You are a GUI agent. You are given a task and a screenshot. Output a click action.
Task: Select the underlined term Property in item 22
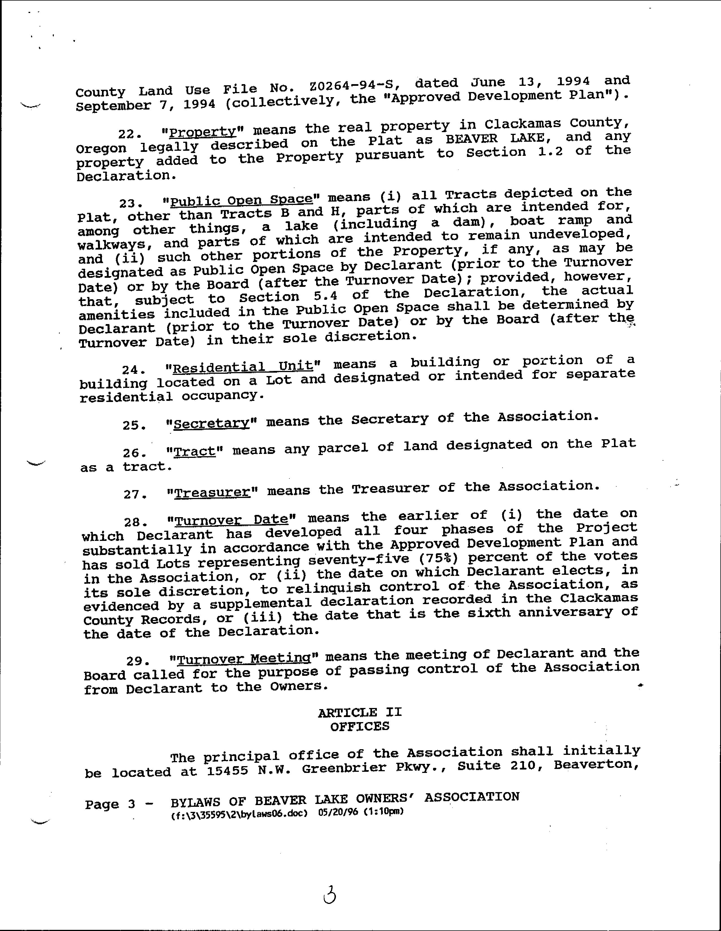(202, 132)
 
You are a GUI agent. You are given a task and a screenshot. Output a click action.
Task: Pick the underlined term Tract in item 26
(196, 451)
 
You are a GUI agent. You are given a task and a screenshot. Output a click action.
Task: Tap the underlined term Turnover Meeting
(244, 659)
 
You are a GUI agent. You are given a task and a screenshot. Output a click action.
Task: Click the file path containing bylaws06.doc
(239, 812)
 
